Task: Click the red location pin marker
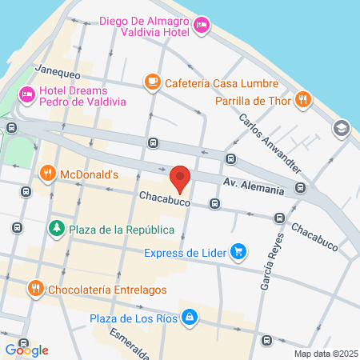(181, 179)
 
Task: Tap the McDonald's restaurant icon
(47, 173)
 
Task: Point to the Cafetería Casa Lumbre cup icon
(151, 81)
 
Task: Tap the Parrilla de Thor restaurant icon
(302, 100)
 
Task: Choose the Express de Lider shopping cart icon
(238, 253)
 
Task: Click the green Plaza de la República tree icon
(57, 230)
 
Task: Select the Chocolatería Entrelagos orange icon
(35, 288)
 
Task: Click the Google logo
(26, 350)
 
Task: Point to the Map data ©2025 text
(324, 354)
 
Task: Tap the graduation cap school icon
(342, 128)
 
